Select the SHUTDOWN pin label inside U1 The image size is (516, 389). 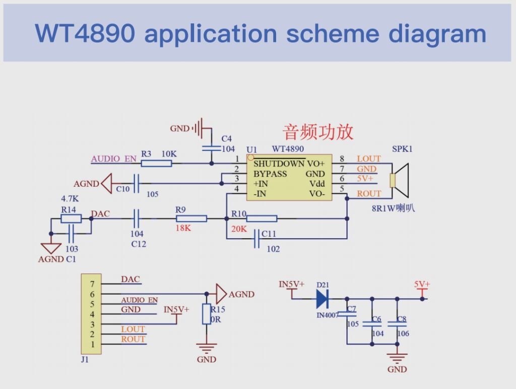278,163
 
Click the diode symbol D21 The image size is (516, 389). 322,299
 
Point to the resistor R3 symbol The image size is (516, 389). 156,163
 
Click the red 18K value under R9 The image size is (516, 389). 184,228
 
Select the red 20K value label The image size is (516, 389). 239,228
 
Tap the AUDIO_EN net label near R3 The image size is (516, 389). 113,158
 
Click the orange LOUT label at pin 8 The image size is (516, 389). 369,158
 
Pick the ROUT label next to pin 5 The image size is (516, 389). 369,193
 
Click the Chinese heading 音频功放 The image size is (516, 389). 318,132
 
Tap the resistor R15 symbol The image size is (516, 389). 206,314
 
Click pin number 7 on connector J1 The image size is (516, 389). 92,284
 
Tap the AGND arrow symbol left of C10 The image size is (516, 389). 106,184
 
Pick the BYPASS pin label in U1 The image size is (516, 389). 270,174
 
